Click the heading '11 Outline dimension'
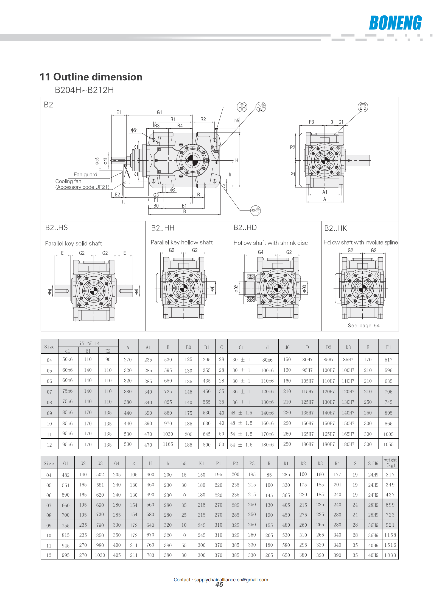pos(91,77)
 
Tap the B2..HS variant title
pos(56,228)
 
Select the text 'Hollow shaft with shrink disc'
pos(270,243)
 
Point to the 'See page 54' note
pos(363,326)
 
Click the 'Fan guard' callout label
pos(85,175)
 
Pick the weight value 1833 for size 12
pos(390,555)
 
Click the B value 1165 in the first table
pos(168,444)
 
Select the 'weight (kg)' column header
pos(390,463)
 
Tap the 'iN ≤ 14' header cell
pos(89,343)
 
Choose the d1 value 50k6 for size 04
pos(68,359)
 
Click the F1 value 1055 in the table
pos(388,444)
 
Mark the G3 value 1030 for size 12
pos(100,555)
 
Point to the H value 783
pos(150,555)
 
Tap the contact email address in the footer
pos(231,580)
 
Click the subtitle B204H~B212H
pos(84,90)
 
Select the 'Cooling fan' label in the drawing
pos(68,181)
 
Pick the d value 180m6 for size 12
pos(267,444)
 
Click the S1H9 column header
pos(373,463)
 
